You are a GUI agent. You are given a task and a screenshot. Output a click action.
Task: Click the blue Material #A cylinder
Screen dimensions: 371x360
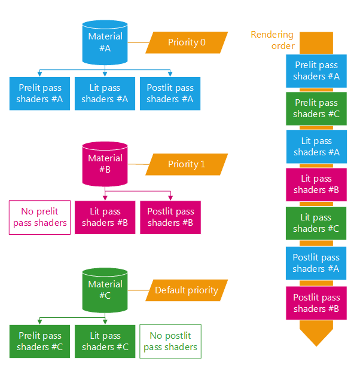[x=105, y=42]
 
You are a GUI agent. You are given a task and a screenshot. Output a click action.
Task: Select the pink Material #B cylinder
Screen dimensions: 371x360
[x=105, y=164]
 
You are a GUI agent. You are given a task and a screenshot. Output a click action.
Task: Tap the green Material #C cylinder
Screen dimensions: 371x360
[x=105, y=290]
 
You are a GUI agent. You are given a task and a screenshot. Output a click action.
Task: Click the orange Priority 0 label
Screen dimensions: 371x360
[x=187, y=42]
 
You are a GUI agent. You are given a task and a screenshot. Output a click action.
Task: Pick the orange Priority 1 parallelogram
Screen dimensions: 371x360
[x=187, y=164]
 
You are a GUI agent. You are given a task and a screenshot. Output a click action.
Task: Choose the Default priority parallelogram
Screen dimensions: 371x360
[x=187, y=290]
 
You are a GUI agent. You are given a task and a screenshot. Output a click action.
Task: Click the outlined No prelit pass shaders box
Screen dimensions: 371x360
[x=39, y=217]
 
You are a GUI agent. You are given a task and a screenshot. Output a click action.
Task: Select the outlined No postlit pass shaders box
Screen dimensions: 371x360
[x=170, y=341]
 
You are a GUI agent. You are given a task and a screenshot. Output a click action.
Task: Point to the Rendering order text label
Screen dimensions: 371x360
[x=272, y=40]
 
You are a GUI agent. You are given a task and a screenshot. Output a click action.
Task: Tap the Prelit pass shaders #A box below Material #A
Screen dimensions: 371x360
[x=39, y=94]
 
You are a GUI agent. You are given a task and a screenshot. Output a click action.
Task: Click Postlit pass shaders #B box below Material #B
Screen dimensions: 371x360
[x=170, y=217]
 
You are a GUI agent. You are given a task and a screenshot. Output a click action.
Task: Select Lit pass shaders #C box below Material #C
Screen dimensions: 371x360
[x=105, y=341]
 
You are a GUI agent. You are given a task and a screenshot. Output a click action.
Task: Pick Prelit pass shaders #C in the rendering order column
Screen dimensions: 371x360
[x=316, y=108]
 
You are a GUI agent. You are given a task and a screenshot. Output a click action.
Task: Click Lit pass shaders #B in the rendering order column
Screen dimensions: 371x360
[x=316, y=184]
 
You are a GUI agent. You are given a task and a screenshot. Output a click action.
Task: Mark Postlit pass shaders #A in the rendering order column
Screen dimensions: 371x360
[x=316, y=263]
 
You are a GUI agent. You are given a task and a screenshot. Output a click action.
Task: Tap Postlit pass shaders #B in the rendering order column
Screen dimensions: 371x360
[x=316, y=303]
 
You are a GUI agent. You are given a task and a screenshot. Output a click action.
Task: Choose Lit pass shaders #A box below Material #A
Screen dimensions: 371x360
[x=105, y=94]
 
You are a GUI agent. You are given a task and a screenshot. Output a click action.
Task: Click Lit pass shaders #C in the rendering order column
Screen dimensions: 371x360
[x=316, y=223]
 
